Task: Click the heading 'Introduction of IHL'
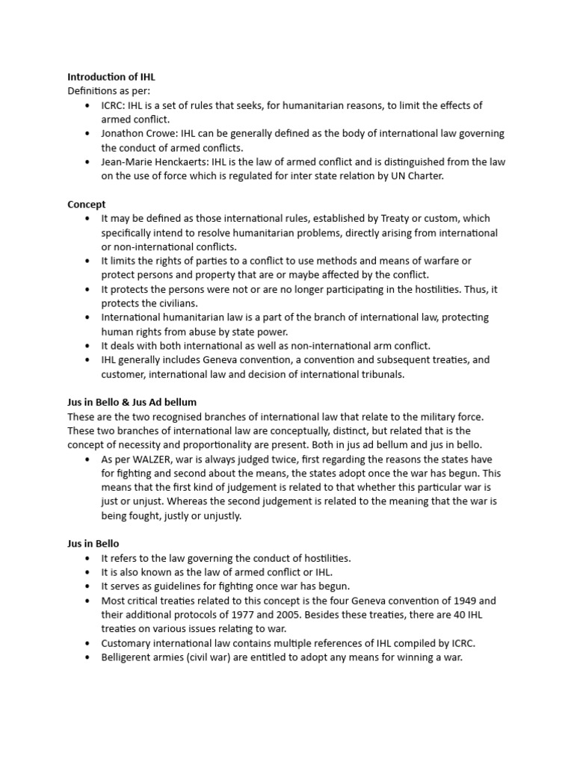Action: pos(111,77)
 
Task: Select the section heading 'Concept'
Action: pos(87,204)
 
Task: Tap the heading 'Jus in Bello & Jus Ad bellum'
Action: pos(132,402)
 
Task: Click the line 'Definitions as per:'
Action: pos(108,91)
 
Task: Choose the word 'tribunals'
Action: pos(380,374)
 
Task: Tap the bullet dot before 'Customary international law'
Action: pos(87,643)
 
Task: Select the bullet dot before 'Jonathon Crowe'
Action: pos(87,134)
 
